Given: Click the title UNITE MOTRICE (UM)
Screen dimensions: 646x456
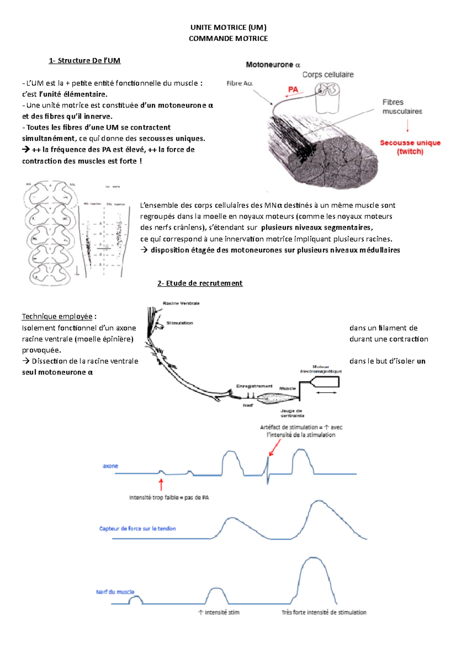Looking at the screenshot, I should [228, 27].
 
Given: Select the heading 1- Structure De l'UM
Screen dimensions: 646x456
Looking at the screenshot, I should [84, 60].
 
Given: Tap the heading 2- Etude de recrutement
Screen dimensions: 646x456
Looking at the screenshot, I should [200, 283].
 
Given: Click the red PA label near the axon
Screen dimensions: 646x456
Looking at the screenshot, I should [293, 89].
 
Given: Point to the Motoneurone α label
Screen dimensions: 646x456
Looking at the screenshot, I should [273, 65].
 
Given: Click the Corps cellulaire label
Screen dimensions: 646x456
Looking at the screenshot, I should [328, 75].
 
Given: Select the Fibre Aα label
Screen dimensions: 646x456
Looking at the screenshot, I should [239, 83].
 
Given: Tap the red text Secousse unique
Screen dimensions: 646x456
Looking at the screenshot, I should [410, 143].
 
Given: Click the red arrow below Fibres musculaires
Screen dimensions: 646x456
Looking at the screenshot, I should [408, 126].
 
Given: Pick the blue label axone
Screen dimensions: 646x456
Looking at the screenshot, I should [110, 466].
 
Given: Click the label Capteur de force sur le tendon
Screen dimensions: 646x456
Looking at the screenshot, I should [138, 528].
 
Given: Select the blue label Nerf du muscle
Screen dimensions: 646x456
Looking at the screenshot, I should [115, 592].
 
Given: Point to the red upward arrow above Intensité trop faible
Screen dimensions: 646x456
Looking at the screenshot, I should [161, 485].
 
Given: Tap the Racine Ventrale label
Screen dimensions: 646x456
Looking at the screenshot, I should [181, 303].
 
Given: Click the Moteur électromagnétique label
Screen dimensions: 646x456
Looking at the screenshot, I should [321, 369].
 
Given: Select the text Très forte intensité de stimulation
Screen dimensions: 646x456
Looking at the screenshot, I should [324, 612].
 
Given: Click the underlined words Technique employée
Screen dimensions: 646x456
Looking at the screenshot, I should [57, 317].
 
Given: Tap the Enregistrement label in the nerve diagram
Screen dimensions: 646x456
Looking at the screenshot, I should [254, 386].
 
